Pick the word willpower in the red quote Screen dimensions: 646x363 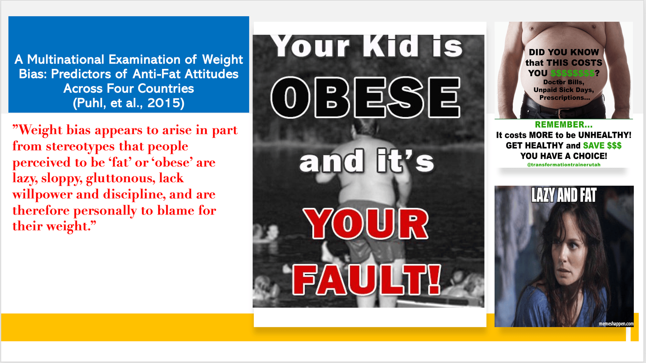pyautogui.click(x=42, y=195)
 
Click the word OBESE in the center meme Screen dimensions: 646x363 pyautogui.click(x=366, y=97)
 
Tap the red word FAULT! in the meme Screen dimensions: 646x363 pyautogui.click(x=367, y=279)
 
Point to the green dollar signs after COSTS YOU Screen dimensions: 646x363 pyautogui.click(x=572, y=73)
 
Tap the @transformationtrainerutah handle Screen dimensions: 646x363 pyautogui.click(x=564, y=165)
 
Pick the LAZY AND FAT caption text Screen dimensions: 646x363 pyautogui.click(x=564, y=195)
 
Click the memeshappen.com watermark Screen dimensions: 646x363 pyautogui.click(x=616, y=324)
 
